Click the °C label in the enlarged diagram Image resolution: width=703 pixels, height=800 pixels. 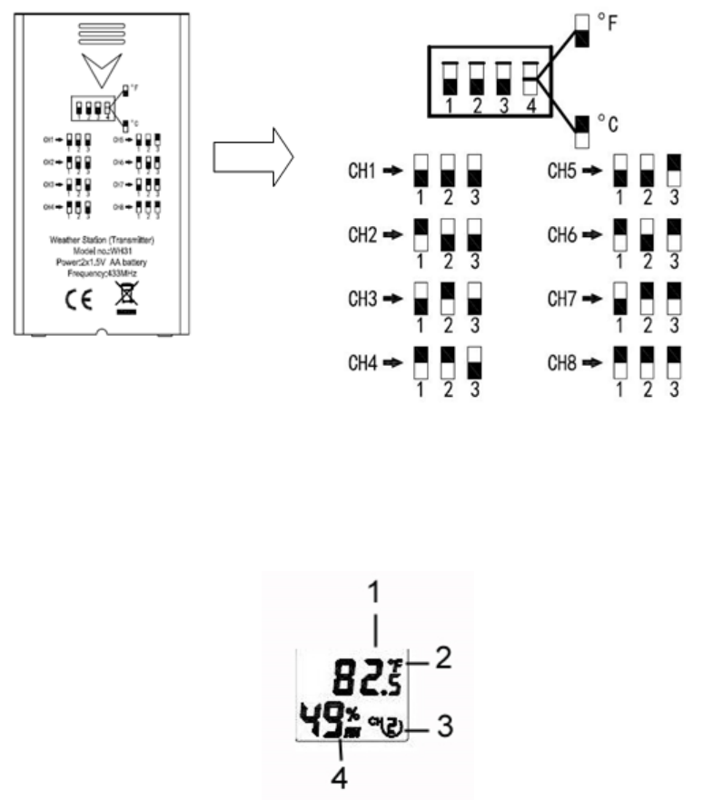pyautogui.click(x=606, y=121)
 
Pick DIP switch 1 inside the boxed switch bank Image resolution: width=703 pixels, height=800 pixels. pyautogui.click(x=448, y=77)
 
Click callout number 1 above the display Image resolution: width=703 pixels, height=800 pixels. pyautogui.click(x=375, y=594)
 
